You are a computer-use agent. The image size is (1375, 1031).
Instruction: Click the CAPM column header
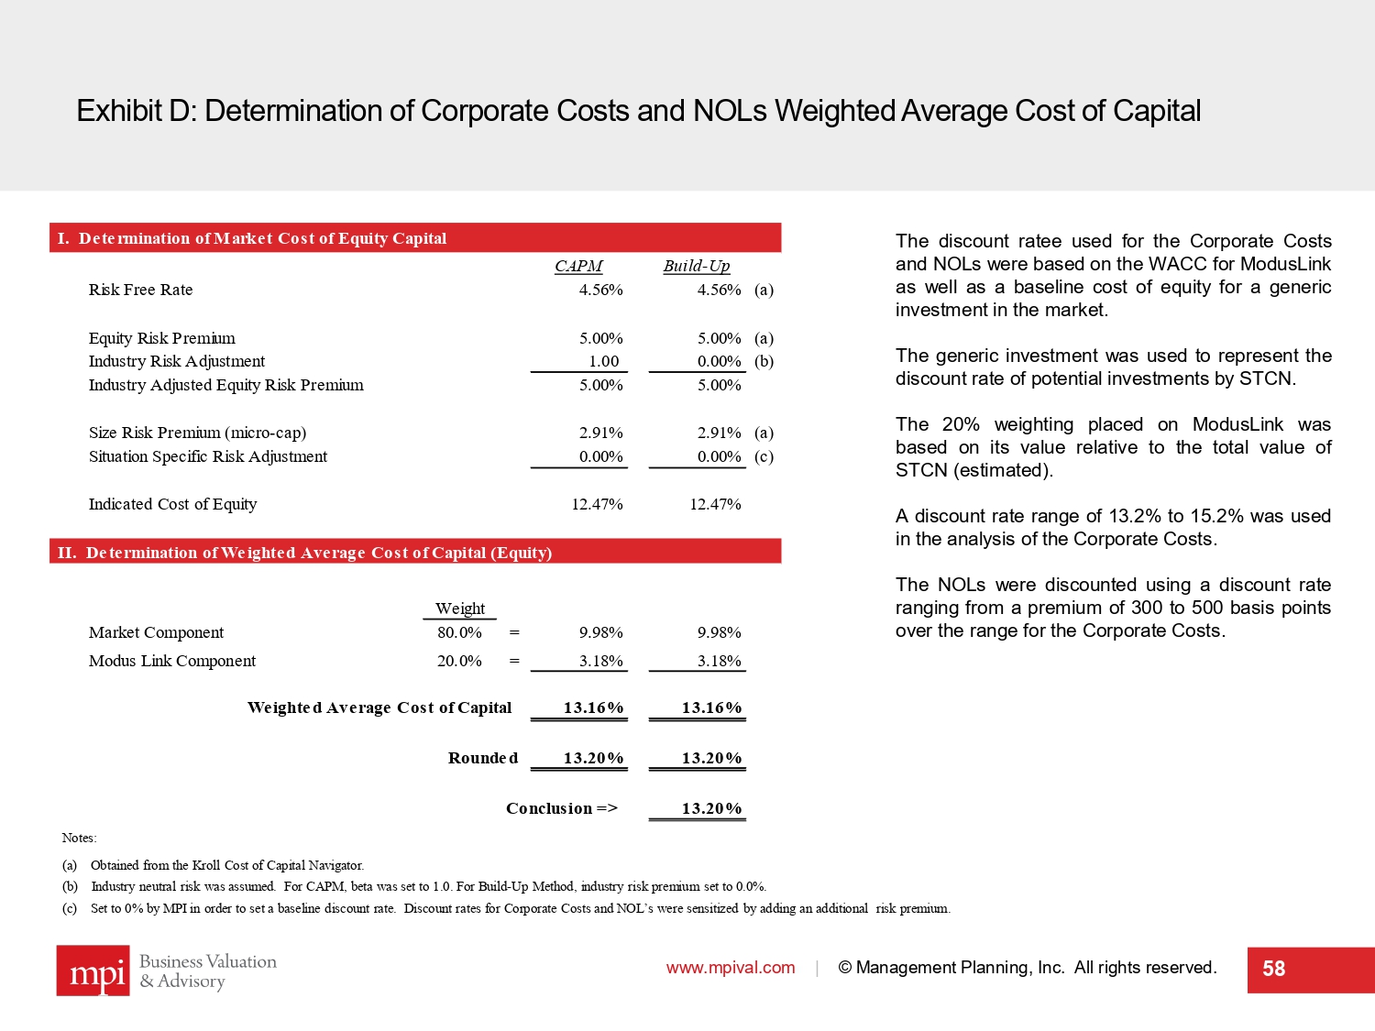pyautogui.click(x=578, y=266)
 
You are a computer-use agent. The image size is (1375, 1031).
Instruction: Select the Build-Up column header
pyautogui.click(x=697, y=266)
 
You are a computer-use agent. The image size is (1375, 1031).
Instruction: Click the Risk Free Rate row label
pyautogui.click(x=140, y=290)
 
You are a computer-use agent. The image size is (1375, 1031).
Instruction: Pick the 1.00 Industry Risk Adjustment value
pyautogui.click(x=603, y=361)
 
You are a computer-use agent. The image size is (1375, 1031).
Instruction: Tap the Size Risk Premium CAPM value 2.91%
pyautogui.click(x=600, y=433)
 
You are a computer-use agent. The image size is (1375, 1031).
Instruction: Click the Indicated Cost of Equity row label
pyautogui.click(x=172, y=504)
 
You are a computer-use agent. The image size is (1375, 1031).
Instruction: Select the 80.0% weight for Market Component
pyautogui.click(x=459, y=632)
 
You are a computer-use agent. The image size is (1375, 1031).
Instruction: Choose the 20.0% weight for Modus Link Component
pyautogui.click(x=459, y=661)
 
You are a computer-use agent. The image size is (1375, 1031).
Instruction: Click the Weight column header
pyautogui.click(x=460, y=609)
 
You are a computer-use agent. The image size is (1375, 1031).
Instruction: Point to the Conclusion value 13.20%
pyautogui.click(x=711, y=808)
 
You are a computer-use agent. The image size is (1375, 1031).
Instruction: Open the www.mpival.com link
pyautogui.click(x=731, y=968)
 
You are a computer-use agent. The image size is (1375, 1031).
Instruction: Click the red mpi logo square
pyautogui.click(x=93, y=971)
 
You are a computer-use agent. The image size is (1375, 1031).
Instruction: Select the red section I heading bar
pyautogui.click(x=414, y=238)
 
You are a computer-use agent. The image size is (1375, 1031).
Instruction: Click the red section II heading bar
pyautogui.click(x=414, y=552)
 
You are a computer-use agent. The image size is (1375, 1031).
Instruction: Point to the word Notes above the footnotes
pyautogui.click(x=79, y=838)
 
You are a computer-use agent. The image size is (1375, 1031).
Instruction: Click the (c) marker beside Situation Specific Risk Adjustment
pyautogui.click(x=764, y=456)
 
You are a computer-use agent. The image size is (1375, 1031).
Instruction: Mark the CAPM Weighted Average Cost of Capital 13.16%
pyautogui.click(x=593, y=707)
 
